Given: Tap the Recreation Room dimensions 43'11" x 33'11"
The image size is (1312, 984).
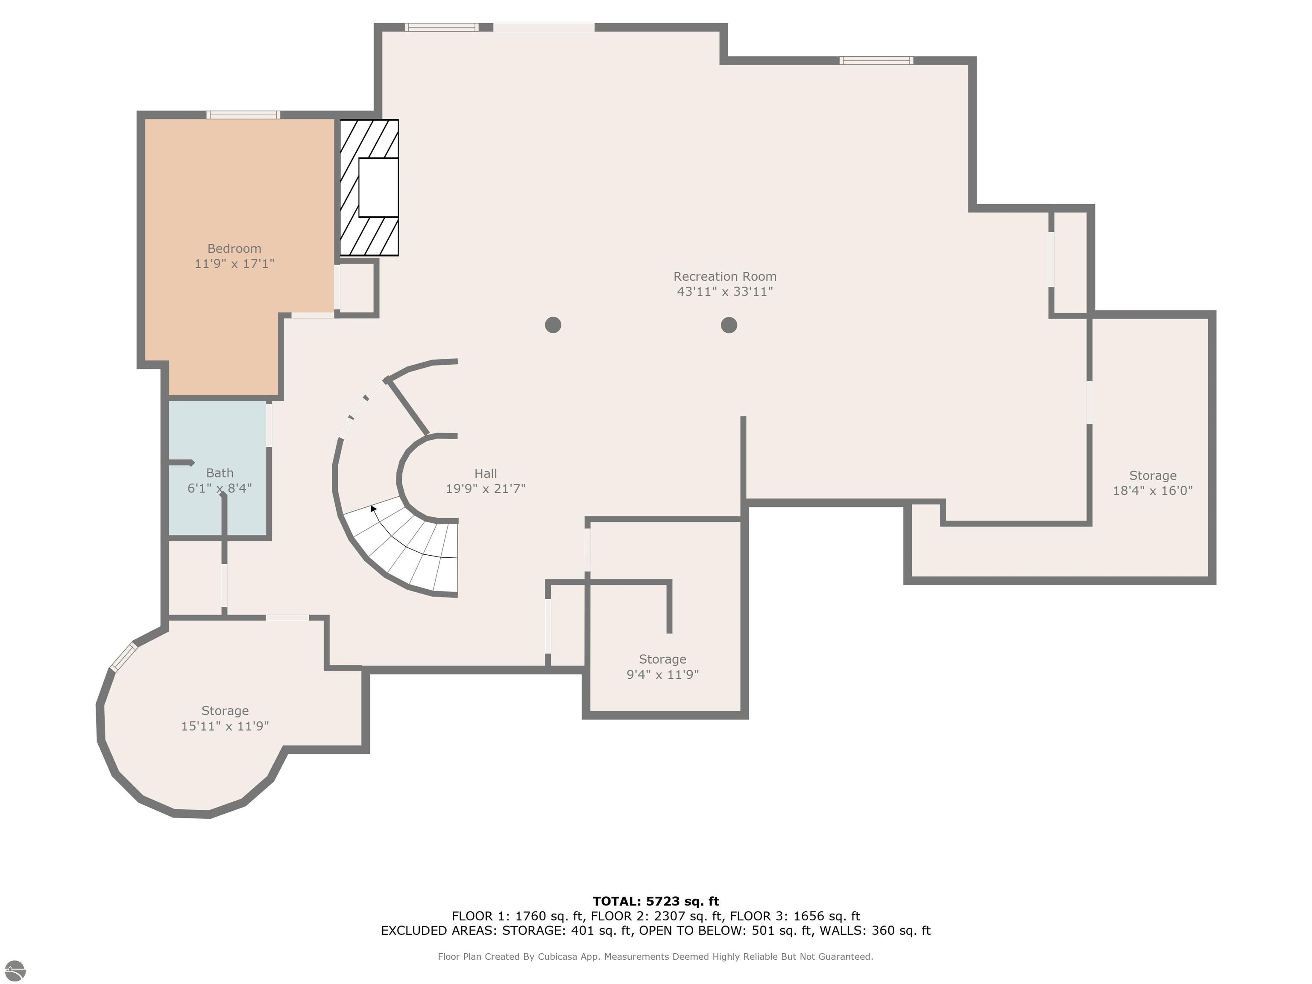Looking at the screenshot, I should [724, 292].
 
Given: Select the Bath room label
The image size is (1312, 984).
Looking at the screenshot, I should [220, 473].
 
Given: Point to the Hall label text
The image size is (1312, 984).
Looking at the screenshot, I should [485, 473].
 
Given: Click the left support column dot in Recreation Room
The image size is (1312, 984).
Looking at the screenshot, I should [553, 325].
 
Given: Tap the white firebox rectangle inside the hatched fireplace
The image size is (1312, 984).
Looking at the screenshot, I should [378, 187].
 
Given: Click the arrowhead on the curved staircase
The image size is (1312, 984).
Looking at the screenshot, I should [373, 508].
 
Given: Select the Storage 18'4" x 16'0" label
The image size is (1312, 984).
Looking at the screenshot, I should [1152, 483].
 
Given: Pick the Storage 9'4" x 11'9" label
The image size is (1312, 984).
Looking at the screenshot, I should [662, 667].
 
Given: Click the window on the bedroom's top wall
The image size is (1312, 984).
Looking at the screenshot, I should [243, 115].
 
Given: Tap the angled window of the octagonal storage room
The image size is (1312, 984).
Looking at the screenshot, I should [124, 656].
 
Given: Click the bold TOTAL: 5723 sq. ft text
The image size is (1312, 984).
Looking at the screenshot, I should [656, 902].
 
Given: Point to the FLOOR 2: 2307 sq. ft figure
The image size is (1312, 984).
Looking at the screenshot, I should [657, 916].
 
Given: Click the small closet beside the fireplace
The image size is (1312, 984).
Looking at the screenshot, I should [357, 288].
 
